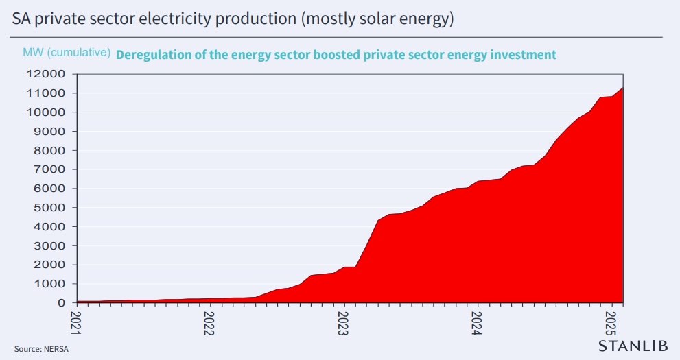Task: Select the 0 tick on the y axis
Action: (61, 303)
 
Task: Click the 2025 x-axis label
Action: (611, 322)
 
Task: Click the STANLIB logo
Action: (633, 346)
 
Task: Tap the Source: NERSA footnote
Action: (41, 349)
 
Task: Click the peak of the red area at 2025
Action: (622, 88)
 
